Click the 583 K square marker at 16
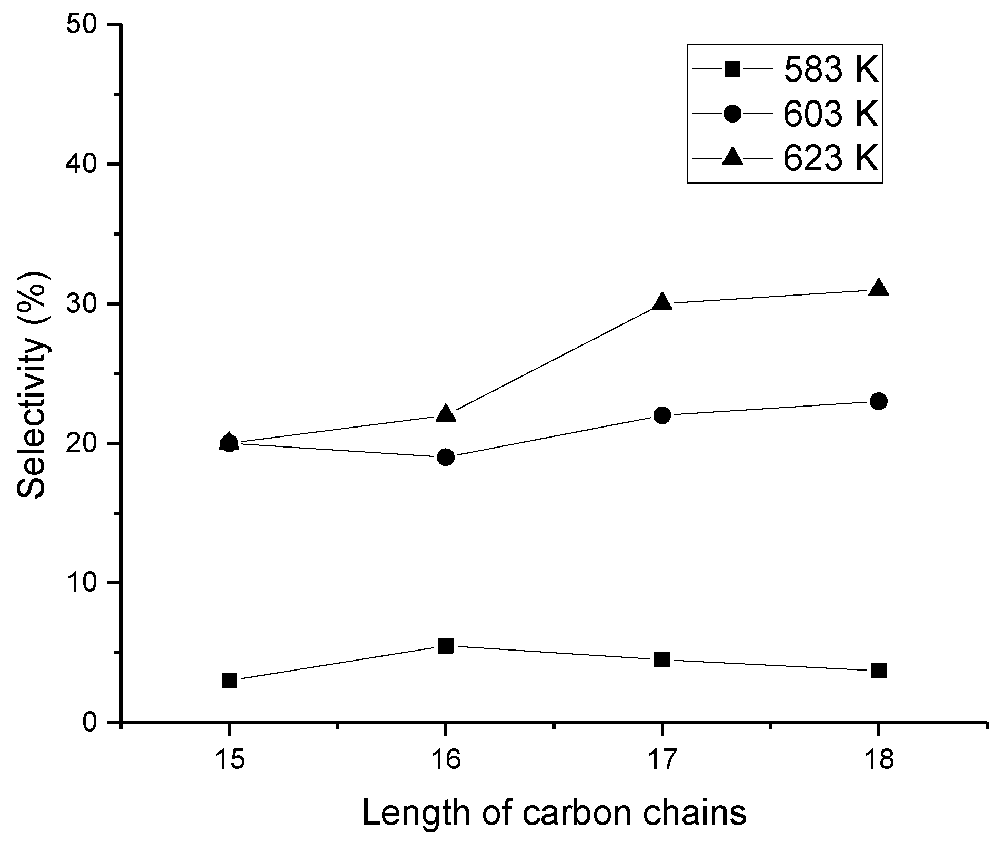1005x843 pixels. [445, 645]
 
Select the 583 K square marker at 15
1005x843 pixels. [229, 681]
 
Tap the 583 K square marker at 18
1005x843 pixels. [879, 671]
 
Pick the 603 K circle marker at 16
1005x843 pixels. [445, 457]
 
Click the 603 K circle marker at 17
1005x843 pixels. [662, 415]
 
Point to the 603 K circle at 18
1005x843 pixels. [879, 402]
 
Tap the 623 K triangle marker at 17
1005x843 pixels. [662, 302]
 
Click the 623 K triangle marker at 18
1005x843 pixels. [879, 289]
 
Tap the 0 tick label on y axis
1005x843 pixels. [95, 722]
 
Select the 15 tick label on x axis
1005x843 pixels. [229, 760]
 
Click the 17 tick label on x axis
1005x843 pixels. [662, 760]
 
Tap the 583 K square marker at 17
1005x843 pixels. [662, 659]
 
